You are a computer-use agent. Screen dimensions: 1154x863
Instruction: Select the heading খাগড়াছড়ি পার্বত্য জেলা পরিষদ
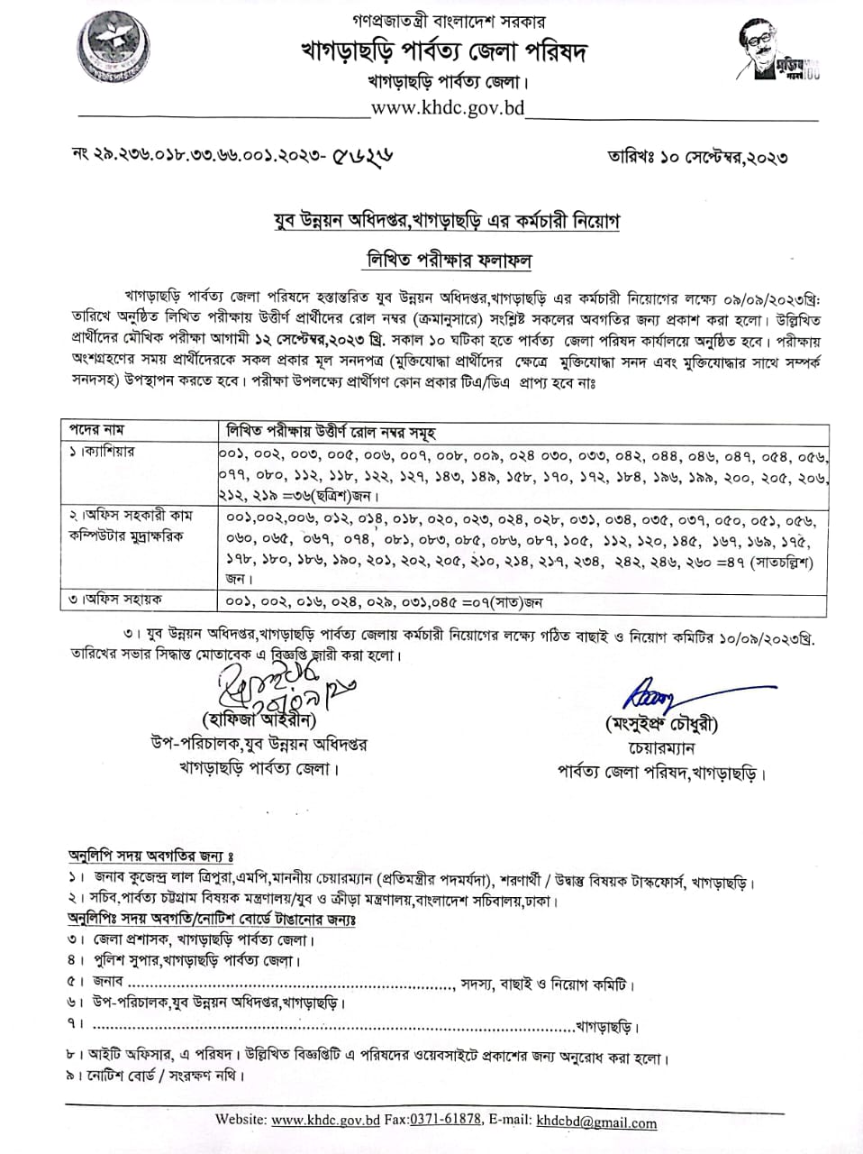[443, 51]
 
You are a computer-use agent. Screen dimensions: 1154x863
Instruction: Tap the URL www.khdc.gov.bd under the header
[448, 108]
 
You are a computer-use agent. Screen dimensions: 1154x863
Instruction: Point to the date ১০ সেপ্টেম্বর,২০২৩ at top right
[723, 157]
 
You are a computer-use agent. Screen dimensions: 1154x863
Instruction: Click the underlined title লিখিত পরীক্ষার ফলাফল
[448, 261]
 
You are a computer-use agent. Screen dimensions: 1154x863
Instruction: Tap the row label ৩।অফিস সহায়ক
[116, 600]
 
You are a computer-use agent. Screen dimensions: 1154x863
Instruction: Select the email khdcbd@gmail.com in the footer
[596, 1122]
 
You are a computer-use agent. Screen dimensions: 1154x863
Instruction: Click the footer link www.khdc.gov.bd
[325, 1121]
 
